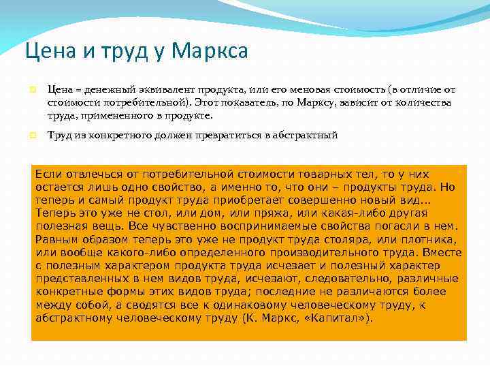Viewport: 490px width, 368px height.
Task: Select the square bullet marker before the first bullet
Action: point(31,90)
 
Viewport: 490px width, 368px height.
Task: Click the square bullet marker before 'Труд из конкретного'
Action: point(31,136)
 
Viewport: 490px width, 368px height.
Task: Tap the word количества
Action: point(424,102)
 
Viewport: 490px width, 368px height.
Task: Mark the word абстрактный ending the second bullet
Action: point(302,136)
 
